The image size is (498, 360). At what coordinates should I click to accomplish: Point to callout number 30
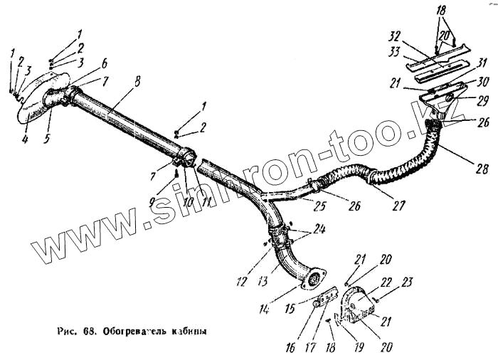click(482, 80)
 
